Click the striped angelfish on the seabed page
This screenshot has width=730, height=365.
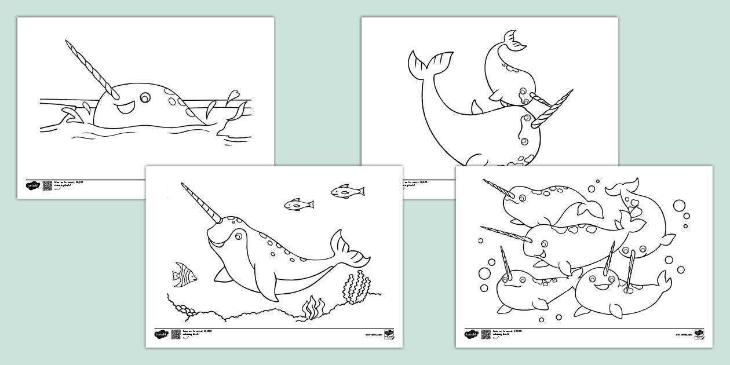click(184, 275)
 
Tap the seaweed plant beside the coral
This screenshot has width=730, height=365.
click(313, 307)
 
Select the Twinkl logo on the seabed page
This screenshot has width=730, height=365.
click(160, 334)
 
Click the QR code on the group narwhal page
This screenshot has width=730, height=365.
click(486, 334)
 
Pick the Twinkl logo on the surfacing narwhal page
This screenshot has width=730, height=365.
click(32, 185)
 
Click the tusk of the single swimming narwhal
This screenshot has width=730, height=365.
click(200, 203)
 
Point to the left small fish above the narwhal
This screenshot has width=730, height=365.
click(298, 204)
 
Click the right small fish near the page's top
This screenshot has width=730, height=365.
click(347, 191)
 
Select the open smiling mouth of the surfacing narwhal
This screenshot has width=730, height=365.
click(126, 108)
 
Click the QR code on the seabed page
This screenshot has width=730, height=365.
click(176, 334)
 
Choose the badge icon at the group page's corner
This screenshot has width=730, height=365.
click(699, 334)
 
